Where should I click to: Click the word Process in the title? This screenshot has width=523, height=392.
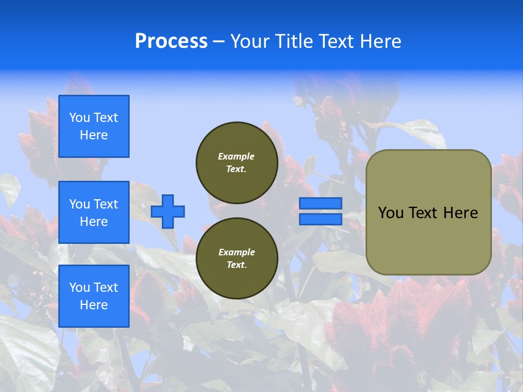tap(171, 41)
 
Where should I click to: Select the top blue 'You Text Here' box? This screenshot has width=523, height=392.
tap(94, 126)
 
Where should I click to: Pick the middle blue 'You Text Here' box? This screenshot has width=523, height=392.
tap(94, 212)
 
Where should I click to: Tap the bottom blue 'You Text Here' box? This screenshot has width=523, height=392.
tap(94, 296)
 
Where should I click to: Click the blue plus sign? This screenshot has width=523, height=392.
tap(168, 211)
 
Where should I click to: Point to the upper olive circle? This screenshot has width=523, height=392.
tap(236, 162)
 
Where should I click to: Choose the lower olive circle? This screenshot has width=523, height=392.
tap(236, 258)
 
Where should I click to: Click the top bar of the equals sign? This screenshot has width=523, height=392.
tap(320, 203)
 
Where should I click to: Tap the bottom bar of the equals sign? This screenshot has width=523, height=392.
tap(320, 219)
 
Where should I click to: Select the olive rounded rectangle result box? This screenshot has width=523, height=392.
tap(428, 212)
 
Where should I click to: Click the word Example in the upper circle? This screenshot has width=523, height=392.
tap(236, 156)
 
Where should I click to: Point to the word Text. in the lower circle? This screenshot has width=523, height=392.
tap(236, 265)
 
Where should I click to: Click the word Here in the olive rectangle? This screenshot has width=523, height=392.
tap(460, 213)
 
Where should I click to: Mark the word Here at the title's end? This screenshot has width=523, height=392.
tap(381, 41)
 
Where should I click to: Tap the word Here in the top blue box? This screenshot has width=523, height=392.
tap(94, 135)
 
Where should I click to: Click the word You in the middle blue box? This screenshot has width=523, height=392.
tap(80, 204)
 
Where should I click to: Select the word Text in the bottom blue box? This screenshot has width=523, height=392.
tap(106, 287)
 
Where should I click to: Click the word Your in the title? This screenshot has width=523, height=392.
tap(250, 41)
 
